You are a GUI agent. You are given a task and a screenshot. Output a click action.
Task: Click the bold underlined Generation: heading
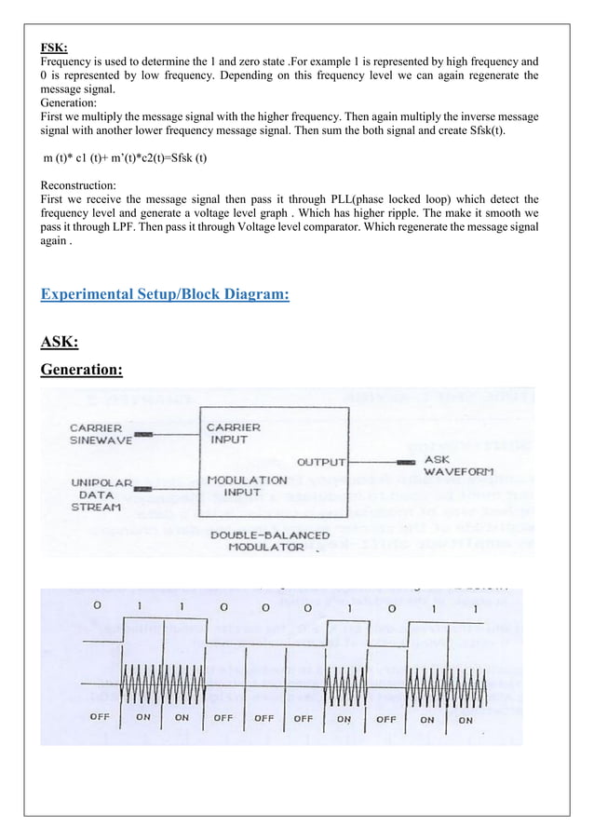click(82, 371)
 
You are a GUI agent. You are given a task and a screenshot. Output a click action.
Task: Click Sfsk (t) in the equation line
click(184, 158)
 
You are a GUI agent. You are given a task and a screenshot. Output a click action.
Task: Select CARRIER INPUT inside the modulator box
click(234, 434)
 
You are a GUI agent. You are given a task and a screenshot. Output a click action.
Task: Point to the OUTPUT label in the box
click(321, 461)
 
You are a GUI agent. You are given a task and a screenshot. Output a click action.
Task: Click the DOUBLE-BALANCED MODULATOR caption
click(257, 541)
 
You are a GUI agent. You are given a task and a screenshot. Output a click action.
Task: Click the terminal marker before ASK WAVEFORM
click(406, 461)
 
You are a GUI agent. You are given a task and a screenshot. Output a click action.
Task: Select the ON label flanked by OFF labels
click(344, 719)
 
